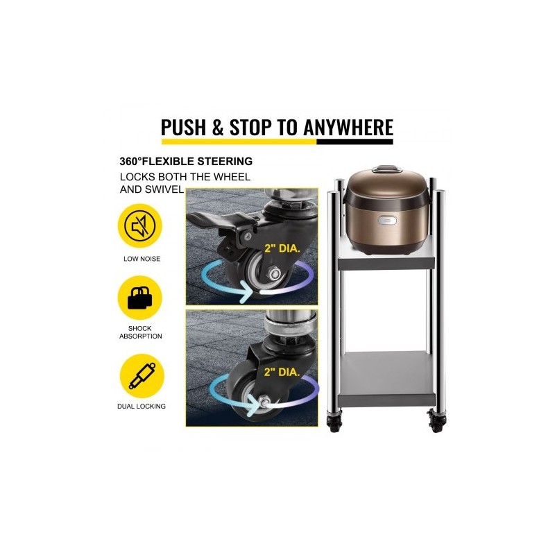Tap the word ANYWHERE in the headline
coord(348,127)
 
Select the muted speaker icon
coord(140,225)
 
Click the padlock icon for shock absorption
coord(140,298)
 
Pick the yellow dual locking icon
coord(142,376)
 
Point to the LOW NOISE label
coord(142,259)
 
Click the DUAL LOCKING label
coord(142,407)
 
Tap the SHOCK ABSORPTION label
coord(141,332)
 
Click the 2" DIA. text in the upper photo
coord(282,248)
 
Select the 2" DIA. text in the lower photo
coord(282,372)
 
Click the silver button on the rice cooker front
coord(387,221)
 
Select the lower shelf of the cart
coord(385,379)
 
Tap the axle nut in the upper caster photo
coord(275,273)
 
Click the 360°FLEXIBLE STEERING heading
coord(186,162)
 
